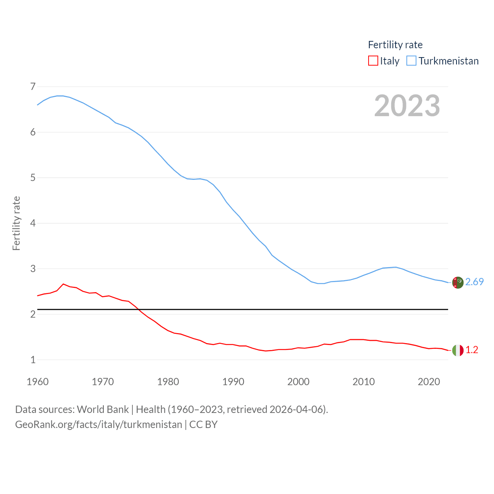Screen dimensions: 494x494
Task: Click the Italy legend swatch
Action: tap(373, 61)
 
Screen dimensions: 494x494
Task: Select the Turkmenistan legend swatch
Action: tap(411, 61)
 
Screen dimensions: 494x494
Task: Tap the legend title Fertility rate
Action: tap(395, 45)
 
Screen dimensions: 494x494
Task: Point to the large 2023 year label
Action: tap(407, 106)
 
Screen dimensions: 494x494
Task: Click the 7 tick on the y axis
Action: tap(33, 86)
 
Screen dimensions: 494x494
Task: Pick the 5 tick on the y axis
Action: tap(33, 178)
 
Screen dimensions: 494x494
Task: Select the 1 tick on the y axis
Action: tap(33, 360)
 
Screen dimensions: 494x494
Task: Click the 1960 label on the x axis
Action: tap(37, 382)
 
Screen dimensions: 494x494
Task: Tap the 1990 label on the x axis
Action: tap(233, 382)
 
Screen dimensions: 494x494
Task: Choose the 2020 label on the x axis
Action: tap(429, 382)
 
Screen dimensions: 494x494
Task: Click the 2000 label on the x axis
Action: tap(298, 382)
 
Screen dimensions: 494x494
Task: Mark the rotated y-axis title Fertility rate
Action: tap(16, 223)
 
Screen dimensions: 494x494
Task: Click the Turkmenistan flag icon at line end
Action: tap(458, 283)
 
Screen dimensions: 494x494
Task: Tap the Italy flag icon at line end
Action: tap(458, 350)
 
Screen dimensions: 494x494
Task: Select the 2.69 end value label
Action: tap(474, 282)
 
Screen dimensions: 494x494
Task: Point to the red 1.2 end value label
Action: tap(472, 350)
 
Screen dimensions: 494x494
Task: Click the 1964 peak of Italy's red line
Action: tap(63, 284)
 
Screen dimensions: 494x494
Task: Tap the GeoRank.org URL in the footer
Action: tap(98, 425)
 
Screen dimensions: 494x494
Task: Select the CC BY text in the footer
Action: tap(203, 425)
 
